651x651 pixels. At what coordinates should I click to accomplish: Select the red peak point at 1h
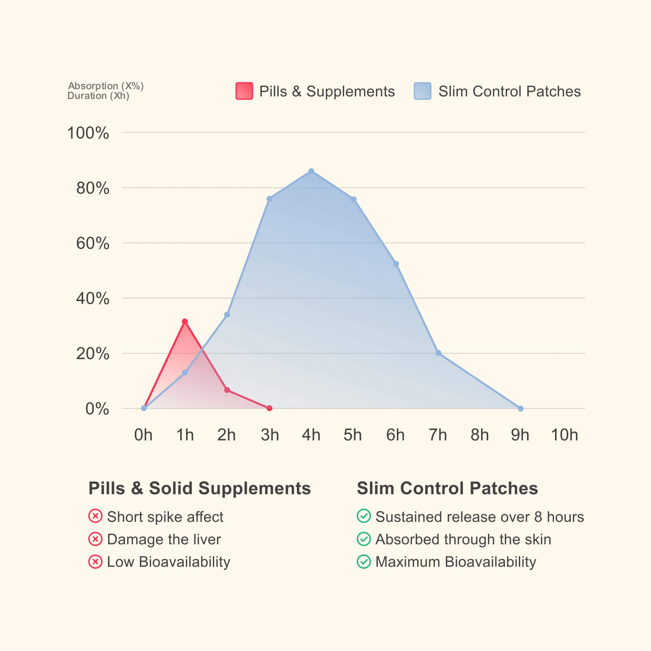click(185, 322)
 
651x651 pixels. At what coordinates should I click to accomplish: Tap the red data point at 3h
click(269, 408)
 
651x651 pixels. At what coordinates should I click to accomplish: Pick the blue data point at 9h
click(520, 409)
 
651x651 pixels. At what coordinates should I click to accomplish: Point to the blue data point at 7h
click(438, 353)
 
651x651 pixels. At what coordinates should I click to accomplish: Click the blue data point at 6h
click(396, 264)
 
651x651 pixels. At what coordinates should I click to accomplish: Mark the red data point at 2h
click(227, 390)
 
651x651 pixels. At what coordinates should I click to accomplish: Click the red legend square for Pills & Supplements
click(244, 91)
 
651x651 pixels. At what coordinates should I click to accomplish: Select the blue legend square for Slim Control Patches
click(422, 91)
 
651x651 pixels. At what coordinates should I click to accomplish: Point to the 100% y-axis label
click(88, 133)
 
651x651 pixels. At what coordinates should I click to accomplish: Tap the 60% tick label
click(93, 243)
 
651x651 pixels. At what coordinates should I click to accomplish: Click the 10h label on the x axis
click(564, 435)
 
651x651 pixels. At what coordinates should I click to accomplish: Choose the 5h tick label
click(353, 435)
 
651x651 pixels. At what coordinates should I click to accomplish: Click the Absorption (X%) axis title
click(106, 86)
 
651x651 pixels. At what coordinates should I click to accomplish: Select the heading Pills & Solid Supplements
click(200, 488)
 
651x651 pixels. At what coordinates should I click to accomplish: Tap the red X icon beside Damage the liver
click(95, 539)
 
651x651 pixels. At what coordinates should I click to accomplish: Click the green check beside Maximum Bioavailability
click(364, 562)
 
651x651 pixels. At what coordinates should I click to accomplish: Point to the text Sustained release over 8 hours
click(479, 517)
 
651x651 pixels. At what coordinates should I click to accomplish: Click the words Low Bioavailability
click(169, 562)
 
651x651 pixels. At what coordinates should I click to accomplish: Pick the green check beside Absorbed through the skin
click(364, 539)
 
